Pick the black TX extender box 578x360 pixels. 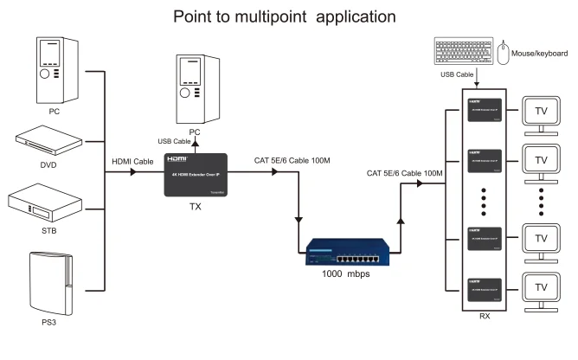click(x=196, y=176)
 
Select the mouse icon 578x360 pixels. click(x=504, y=54)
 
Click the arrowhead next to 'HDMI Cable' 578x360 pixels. click(x=134, y=173)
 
